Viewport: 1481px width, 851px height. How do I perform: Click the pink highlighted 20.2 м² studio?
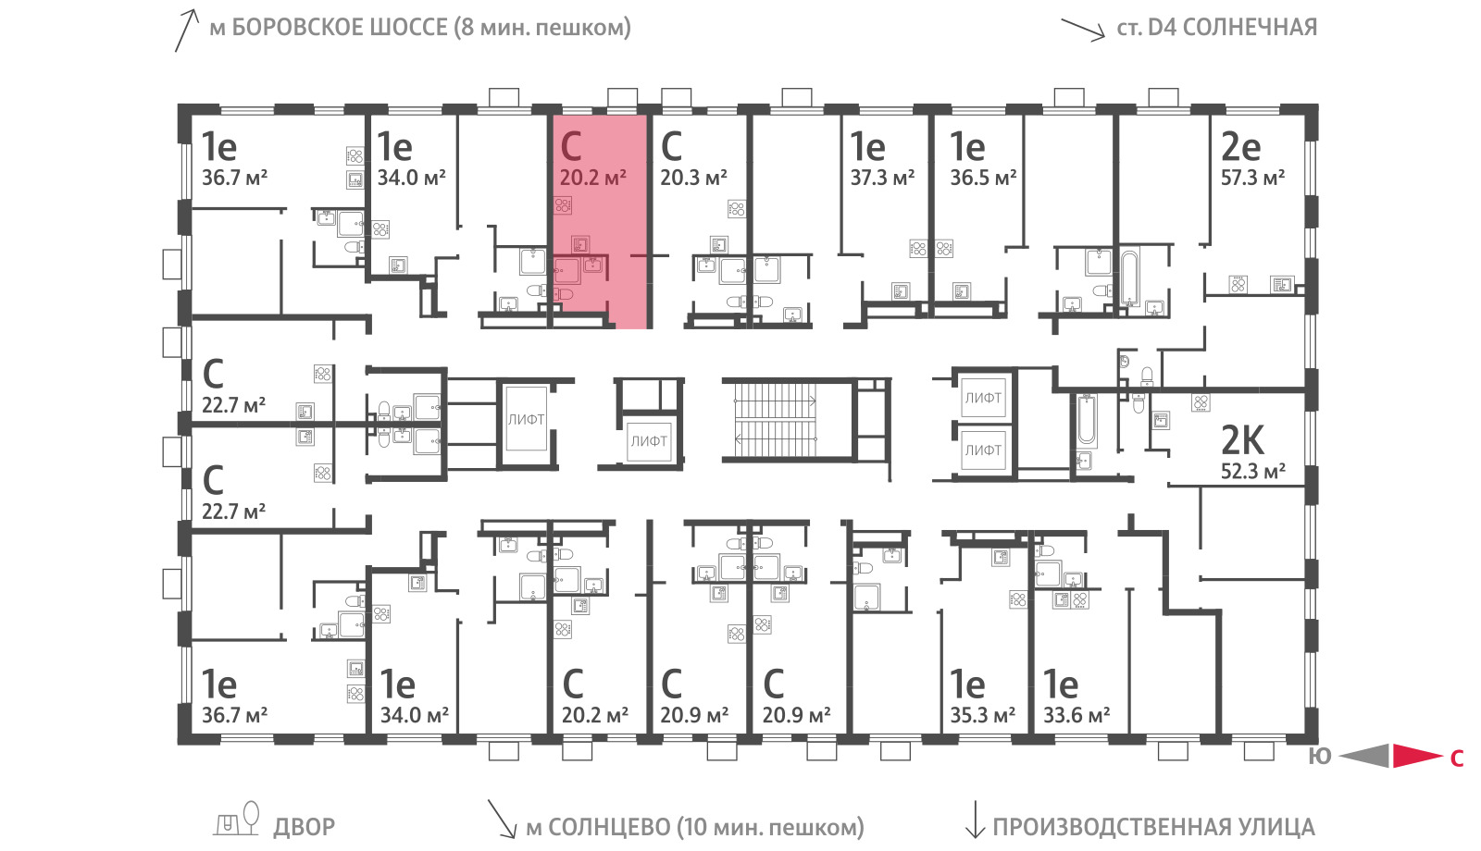[600, 221]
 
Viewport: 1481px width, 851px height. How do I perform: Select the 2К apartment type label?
[1242, 440]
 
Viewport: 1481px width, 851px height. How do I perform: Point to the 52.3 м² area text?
[1253, 472]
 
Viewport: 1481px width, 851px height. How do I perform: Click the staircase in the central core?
[775, 420]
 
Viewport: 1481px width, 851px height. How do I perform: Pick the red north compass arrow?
[1417, 756]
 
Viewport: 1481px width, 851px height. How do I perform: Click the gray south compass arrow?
[1364, 756]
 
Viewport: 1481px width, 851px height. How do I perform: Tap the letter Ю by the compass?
[1320, 757]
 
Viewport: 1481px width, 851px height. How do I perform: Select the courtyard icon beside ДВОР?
[236, 820]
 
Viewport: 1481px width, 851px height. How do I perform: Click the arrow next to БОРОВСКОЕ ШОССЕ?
[186, 31]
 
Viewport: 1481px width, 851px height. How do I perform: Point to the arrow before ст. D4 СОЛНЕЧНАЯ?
[1083, 30]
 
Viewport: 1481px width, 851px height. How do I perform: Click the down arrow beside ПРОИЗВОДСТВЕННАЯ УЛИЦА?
[976, 820]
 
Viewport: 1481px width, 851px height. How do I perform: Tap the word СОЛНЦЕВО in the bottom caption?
[610, 827]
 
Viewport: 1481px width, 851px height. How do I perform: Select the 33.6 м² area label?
[1077, 716]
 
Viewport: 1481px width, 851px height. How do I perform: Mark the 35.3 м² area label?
[983, 716]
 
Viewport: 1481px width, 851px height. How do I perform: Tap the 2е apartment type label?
[1240, 147]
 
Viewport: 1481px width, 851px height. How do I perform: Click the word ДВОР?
[305, 827]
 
